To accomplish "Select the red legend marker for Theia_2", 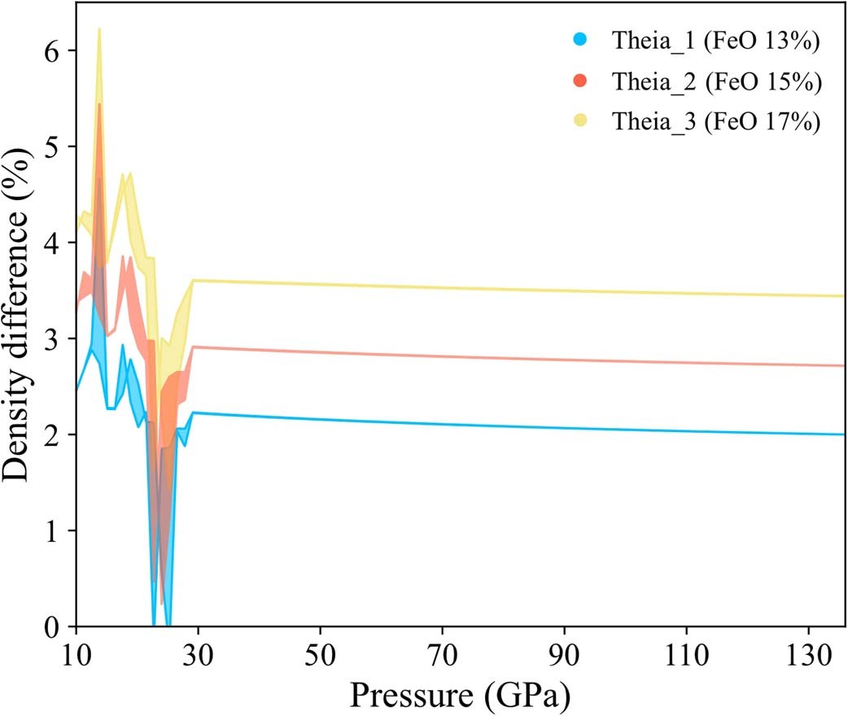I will click(x=579, y=82).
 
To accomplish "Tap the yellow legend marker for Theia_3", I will click(x=579, y=121).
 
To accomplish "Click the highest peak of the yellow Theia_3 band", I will click(x=99, y=29).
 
